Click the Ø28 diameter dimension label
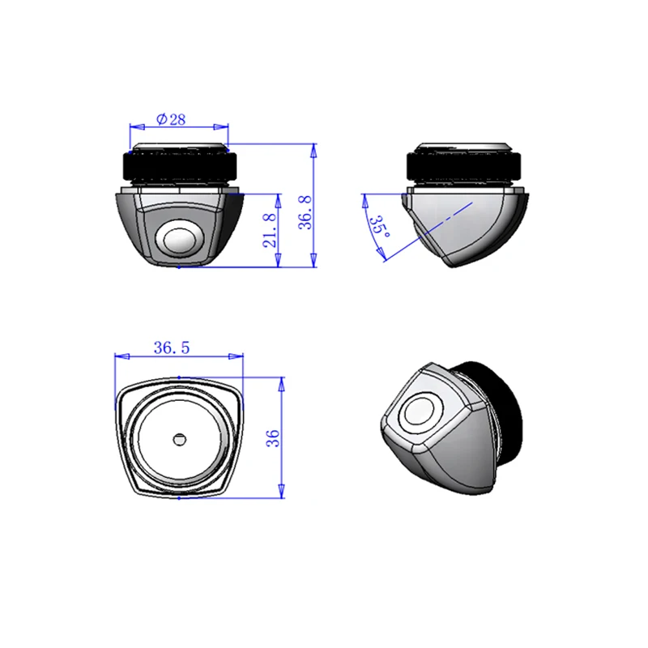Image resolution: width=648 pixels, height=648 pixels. (x=171, y=119)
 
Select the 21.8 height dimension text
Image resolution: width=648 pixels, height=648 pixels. (x=270, y=231)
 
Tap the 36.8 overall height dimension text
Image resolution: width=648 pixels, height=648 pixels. (x=306, y=212)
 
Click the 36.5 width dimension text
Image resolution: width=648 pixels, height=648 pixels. (x=172, y=348)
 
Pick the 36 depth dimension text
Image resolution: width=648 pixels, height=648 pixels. (x=273, y=438)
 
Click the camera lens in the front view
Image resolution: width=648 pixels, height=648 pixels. (x=180, y=240)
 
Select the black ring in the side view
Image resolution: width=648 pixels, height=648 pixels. (x=463, y=166)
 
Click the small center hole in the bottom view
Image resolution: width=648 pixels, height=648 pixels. (x=179, y=439)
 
